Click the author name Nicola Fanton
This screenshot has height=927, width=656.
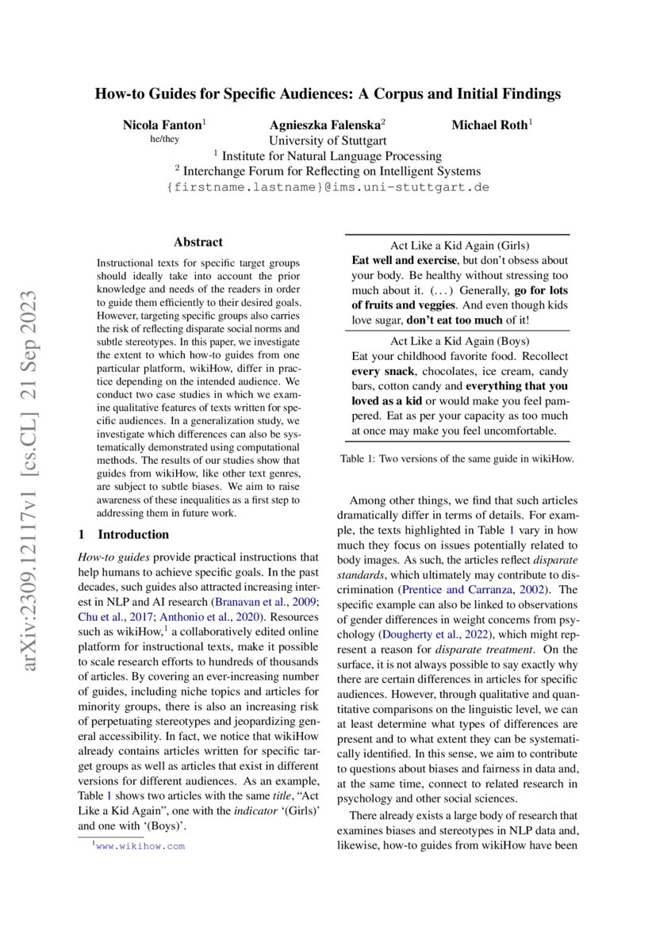[x=163, y=125]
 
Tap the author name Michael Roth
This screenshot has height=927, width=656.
[x=490, y=125]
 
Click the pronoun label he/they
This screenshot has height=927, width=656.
[x=164, y=140]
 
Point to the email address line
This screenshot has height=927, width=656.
[x=328, y=188]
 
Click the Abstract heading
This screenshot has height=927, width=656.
[x=198, y=243]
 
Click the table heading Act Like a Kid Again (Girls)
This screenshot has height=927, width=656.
[x=460, y=245]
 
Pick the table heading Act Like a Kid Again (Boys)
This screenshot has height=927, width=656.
[x=460, y=340]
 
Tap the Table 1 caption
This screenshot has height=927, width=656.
[x=456, y=458]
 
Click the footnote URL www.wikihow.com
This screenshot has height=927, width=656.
[x=140, y=846]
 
